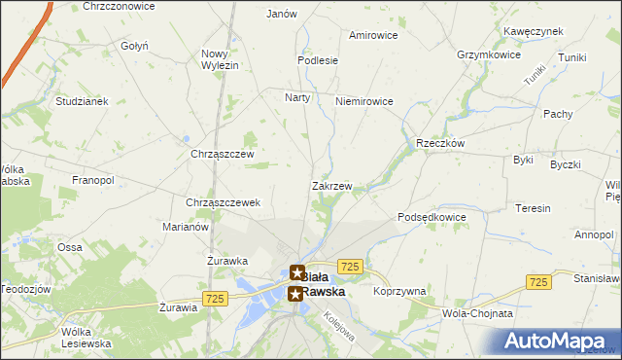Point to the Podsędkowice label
(x=432, y=217)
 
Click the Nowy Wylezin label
(x=220, y=58)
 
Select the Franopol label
(x=93, y=181)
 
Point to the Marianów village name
(x=185, y=227)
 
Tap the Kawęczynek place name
(x=534, y=31)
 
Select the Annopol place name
(x=593, y=234)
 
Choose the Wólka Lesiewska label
(x=86, y=337)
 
